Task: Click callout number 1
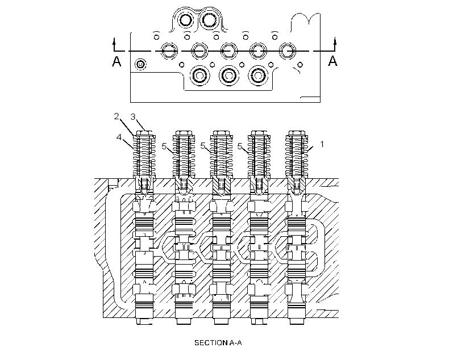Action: click(322, 144)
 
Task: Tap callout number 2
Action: click(116, 116)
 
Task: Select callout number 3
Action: click(133, 117)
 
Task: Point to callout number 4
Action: click(119, 137)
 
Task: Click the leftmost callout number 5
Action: click(164, 146)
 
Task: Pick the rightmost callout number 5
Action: click(240, 146)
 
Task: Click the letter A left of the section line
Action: click(116, 61)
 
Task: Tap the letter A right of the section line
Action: click(332, 61)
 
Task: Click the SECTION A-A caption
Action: click(218, 343)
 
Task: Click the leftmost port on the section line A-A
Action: click(169, 51)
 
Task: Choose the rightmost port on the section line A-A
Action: click(287, 51)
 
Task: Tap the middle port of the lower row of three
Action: click(229, 76)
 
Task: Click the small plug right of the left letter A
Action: click(140, 64)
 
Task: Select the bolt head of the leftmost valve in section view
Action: click(144, 133)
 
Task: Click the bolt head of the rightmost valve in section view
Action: click(296, 133)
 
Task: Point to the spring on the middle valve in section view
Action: click(221, 157)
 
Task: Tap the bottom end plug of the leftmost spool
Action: click(144, 321)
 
